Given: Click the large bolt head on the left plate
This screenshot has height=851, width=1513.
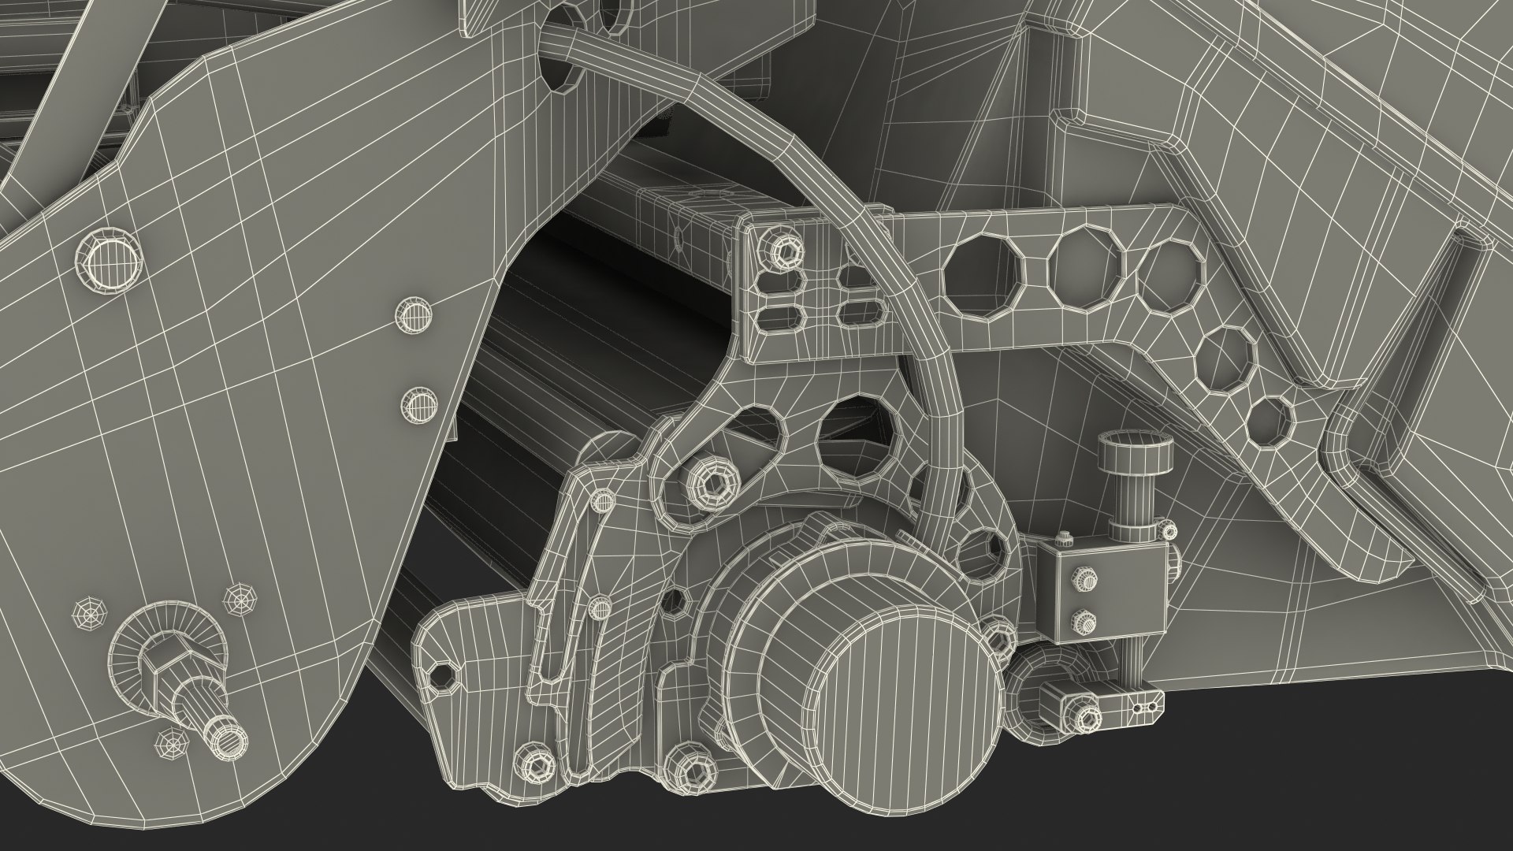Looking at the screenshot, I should (x=110, y=258).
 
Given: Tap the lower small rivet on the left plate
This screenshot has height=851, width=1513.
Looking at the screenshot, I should (x=418, y=406).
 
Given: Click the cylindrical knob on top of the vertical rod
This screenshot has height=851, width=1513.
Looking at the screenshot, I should (x=1132, y=454).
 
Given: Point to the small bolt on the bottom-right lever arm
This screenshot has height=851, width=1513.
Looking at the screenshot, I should (x=1087, y=717).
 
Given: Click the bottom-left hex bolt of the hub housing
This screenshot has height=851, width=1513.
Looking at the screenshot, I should (x=536, y=766).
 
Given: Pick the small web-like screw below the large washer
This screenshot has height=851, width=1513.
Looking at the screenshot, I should (x=168, y=741).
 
